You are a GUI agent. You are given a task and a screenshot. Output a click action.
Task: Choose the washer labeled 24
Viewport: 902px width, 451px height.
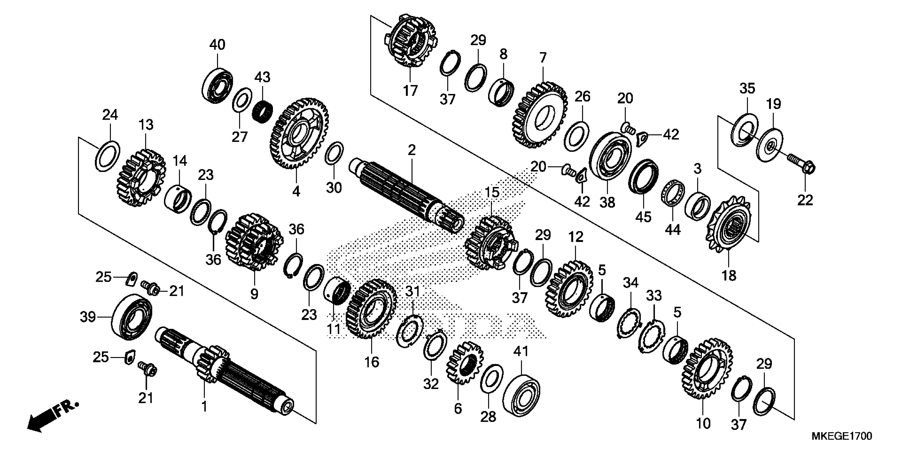(107, 155)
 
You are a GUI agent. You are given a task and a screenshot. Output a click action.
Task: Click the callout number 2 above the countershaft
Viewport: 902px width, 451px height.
(411, 150)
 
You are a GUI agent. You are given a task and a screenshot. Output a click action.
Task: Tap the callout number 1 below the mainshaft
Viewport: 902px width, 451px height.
(204, 406)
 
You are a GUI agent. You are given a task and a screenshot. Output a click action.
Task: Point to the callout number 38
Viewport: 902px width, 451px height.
(607, 202)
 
